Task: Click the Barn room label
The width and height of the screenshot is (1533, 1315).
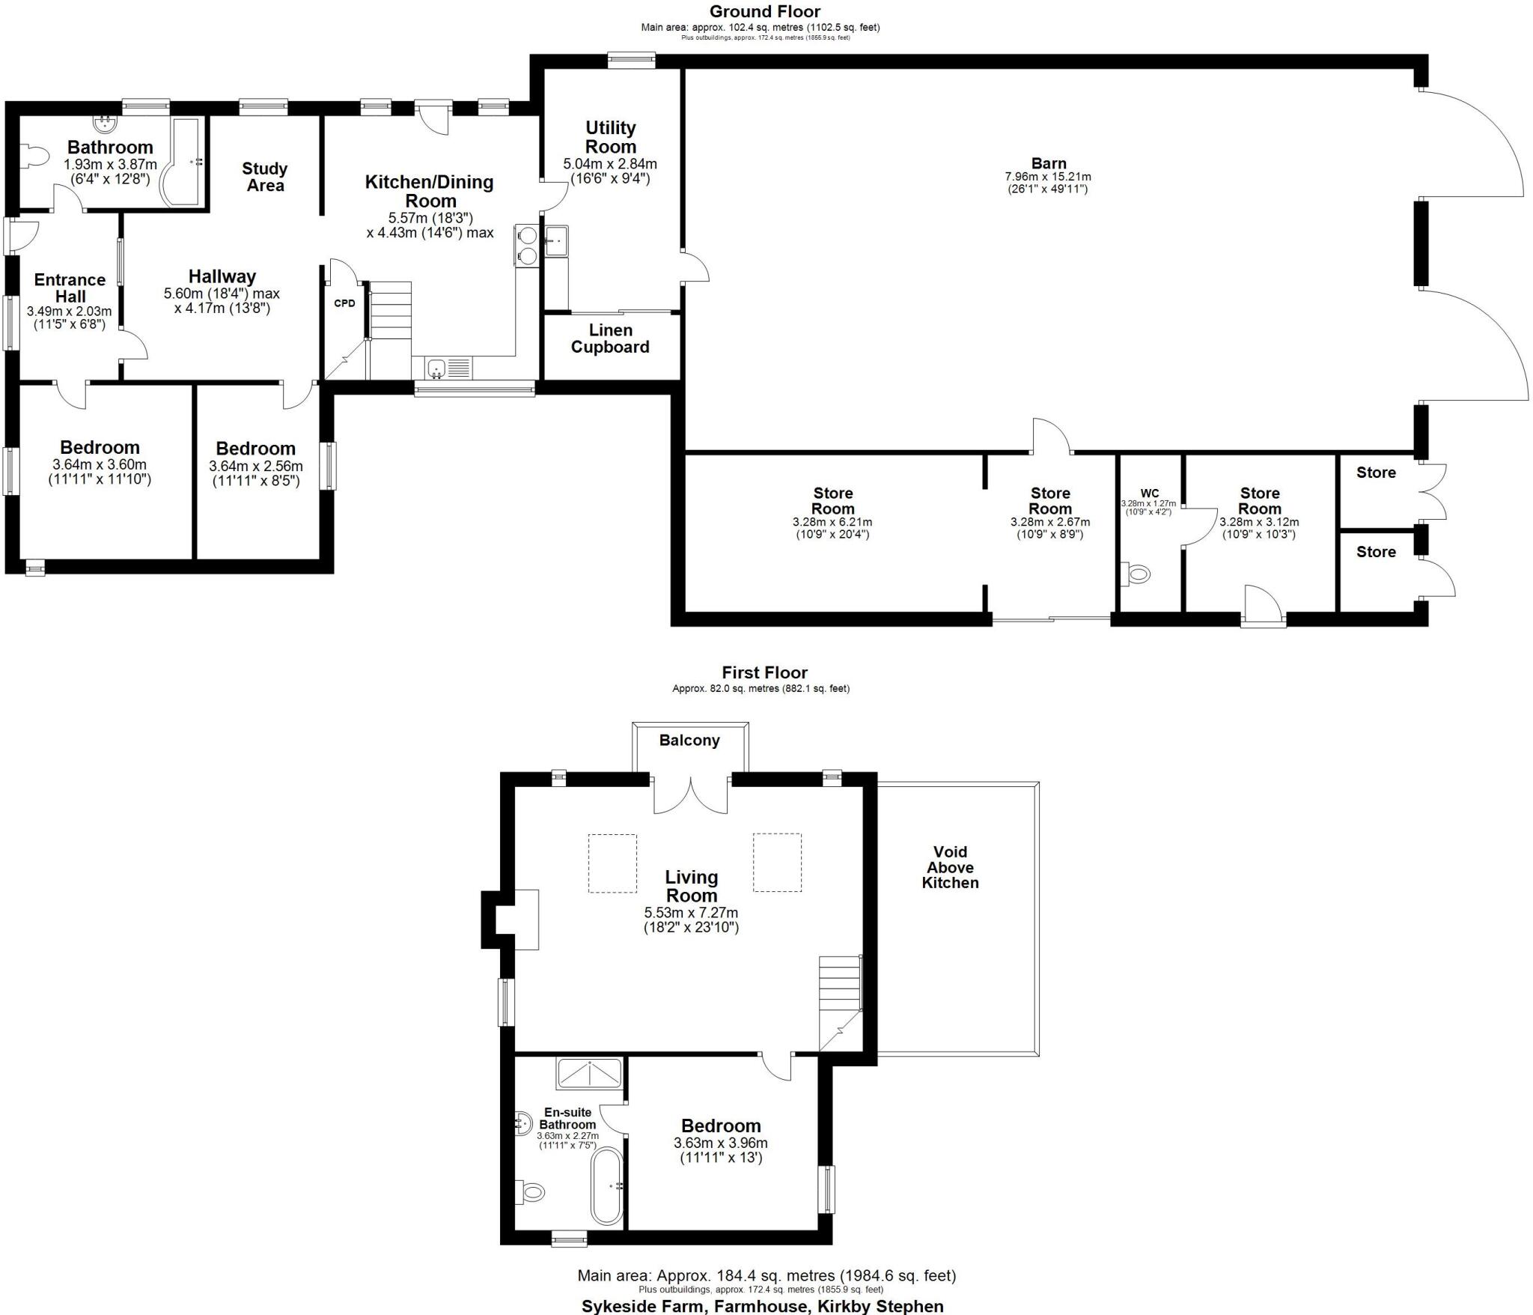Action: pyautogui.click(x=1048, y=163)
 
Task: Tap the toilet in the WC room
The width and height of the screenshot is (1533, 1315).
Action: pyautogui.click(x=1137, y=574)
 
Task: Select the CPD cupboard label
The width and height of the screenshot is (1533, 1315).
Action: pyautogui.click(x=344, y=303)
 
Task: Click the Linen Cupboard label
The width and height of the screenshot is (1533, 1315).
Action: pyautogui.click(x=610, y=338)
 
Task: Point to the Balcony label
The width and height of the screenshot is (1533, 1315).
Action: pyautogui.click(x=689, y=741)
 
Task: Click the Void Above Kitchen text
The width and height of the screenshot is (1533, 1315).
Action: pyautogui.click(x=950, y=867)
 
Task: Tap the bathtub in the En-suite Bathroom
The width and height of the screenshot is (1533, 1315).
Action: pyautogui.click(x=606, y=1187)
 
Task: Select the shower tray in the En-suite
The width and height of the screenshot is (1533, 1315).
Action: pyautogui.click(x=589, y=1074)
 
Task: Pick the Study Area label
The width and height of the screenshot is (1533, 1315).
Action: pyautogui.click(x=265, y=177)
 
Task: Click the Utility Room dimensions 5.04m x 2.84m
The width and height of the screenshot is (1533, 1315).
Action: pyautogui.click(x=610, y=164)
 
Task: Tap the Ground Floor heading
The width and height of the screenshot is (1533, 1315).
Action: pyautogui.click(x=764, y=11)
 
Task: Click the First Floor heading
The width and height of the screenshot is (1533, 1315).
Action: pyautogui.click(x=764, y=672)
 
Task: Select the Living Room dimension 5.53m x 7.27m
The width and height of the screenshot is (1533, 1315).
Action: pyautogui.click(x=691, y=913)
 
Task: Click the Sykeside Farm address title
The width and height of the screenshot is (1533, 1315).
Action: pyautogui.click(x=762, y=1306)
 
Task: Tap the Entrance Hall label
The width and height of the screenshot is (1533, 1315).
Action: pyautogui.click(x=70, y=288)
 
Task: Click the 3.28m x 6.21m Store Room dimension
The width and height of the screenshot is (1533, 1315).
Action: pyautogui.click(x=832, y=522)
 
